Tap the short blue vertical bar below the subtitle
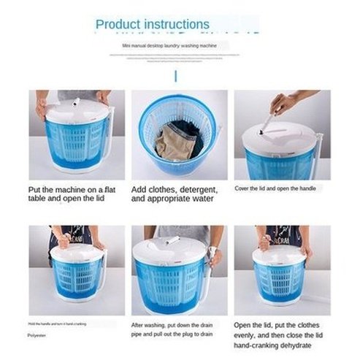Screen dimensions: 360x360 pos(175,77)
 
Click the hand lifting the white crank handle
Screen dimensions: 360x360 pos(286,104)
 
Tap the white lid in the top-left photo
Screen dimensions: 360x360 pos(77,110)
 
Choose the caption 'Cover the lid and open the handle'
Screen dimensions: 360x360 pos(275,188)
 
